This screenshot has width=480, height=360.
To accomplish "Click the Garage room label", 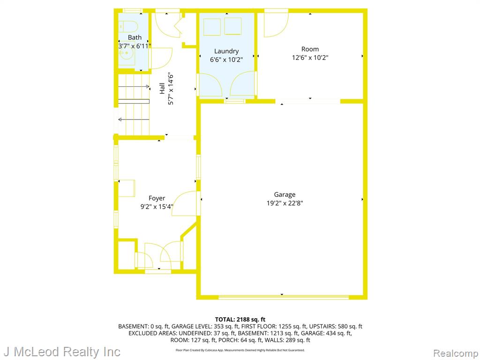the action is pos(285,195).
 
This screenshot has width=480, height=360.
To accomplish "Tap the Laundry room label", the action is pos(226,51).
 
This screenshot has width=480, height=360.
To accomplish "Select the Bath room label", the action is pos(135,37).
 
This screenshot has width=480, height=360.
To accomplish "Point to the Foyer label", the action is pos(157,198).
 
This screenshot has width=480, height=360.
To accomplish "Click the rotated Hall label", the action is pos(162,89).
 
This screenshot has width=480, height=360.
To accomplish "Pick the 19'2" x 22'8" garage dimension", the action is pos(285,203).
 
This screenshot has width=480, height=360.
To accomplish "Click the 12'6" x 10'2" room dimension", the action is pos(310,58).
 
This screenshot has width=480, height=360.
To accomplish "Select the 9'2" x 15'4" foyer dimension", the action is pos(157,207).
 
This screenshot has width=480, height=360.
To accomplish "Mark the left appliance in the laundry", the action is pos(212,27).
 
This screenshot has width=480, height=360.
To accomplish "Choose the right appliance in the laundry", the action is pos(233,26).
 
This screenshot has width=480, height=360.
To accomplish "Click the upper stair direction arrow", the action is pos(134,87).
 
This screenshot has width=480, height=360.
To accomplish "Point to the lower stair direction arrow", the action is pos(134,120).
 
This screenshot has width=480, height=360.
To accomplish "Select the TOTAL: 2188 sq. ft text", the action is pos(240,320).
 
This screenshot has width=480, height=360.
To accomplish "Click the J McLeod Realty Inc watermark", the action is pos(62,352).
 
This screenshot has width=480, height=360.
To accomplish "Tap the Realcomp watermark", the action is pos(456,353).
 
